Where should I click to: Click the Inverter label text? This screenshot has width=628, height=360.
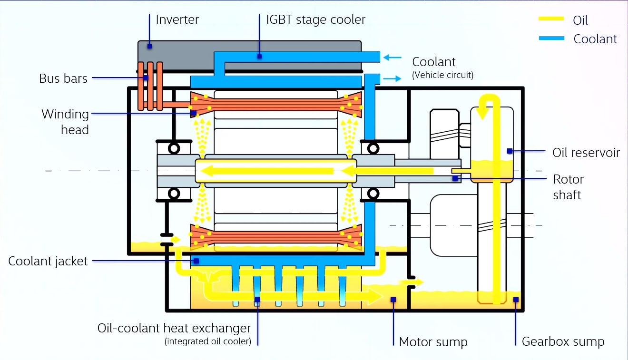[177, 19]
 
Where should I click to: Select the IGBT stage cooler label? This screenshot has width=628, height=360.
[315, 19]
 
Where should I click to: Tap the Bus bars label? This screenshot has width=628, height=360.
[63, 78]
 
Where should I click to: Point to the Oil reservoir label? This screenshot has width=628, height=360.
[586, 152]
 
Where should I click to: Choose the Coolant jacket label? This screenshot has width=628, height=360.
[48, 261]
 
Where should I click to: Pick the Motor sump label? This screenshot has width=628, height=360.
[433, 341]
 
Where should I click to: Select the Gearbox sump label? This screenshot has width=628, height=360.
[563, 341]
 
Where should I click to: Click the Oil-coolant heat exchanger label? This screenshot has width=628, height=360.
[174, 328]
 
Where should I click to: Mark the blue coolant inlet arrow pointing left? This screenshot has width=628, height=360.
[392, 58]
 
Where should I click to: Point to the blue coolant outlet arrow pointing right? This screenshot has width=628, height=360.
[392, 78]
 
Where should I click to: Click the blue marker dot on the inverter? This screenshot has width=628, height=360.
[149, 46]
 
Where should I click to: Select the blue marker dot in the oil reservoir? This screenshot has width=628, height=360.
[510, 151]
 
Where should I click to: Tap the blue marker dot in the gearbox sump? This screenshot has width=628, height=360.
[516, 299]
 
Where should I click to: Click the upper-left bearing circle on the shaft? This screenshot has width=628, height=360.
[174, 148]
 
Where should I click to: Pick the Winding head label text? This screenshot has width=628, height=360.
[65, 122]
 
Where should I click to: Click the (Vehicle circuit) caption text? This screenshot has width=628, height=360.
[442, 75]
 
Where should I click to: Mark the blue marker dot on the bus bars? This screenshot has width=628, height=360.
[146, 78]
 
